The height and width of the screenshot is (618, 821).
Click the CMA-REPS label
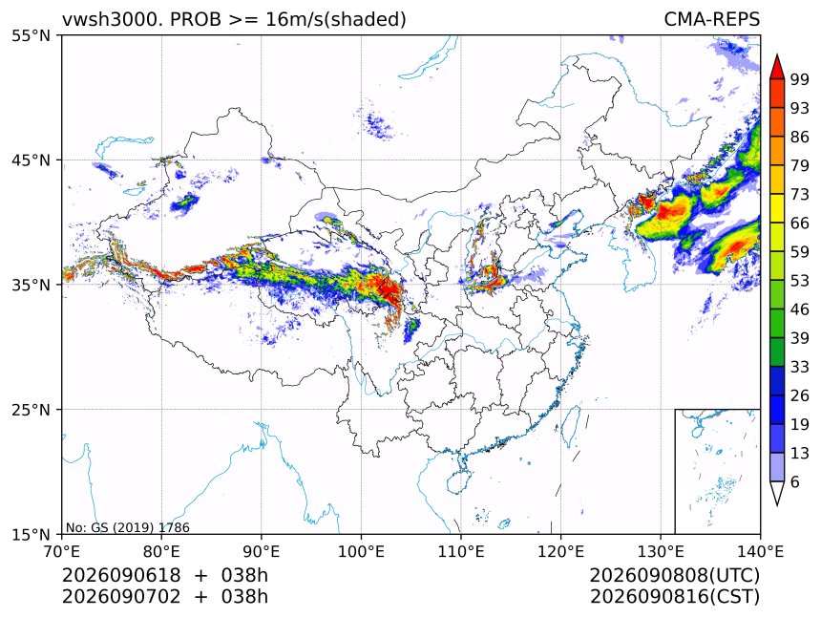[711, 19]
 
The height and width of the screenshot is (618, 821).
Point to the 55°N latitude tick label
[31, 35]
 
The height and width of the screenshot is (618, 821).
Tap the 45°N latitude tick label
[31, 160]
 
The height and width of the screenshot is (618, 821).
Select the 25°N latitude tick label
[31, 410]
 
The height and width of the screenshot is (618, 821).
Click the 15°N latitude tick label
[31, 534]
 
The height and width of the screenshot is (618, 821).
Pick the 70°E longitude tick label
[62, 551]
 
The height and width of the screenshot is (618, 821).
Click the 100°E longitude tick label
[361, 551]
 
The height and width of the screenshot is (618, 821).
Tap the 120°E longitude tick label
[560, 551]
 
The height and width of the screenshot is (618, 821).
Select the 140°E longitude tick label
[760, 551]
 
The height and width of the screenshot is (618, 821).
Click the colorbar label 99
[800, 79]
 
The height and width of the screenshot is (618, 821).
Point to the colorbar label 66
[800, 224]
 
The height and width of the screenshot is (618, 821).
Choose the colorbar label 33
[800, 367]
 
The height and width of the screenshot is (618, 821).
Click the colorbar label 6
[795, 481]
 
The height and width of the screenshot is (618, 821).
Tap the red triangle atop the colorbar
[777, 68]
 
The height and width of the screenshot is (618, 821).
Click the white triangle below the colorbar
[777, 492]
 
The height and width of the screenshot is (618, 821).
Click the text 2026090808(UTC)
[674, 576]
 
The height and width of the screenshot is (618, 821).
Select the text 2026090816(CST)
[674, 597]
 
